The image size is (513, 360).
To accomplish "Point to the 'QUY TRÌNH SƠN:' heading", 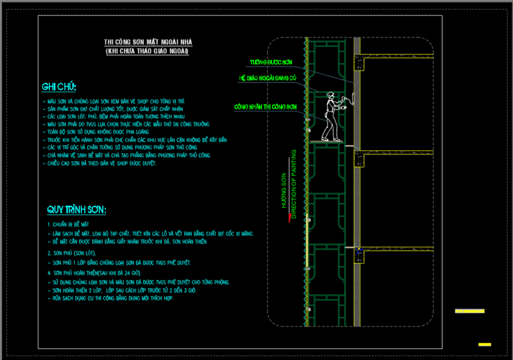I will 76,210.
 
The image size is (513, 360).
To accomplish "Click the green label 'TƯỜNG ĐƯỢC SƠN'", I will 271,63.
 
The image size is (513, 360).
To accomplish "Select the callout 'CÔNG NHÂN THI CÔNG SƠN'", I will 265,107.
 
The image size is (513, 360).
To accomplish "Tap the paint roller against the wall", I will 349,100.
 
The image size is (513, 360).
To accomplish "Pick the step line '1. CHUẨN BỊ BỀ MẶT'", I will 72,225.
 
